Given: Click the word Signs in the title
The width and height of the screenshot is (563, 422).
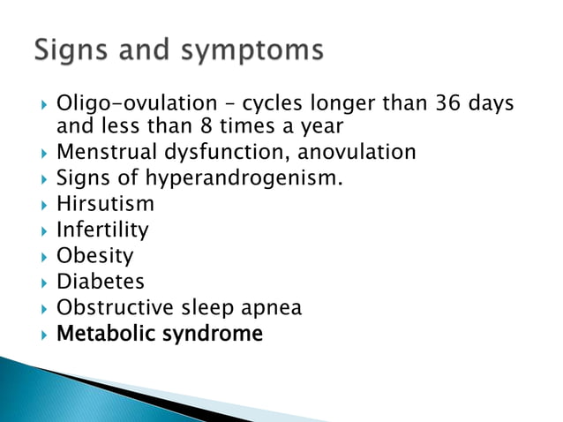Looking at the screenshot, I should (69, 51).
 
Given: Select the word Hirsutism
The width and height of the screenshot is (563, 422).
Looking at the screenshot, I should (105, 204).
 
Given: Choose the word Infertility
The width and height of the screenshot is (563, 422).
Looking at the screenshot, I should (102, 230).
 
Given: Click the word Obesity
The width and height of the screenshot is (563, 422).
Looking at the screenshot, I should (95, 256).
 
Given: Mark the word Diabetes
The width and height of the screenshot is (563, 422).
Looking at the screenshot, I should (101, 283).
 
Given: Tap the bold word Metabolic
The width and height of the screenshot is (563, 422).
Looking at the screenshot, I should (108, 335).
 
